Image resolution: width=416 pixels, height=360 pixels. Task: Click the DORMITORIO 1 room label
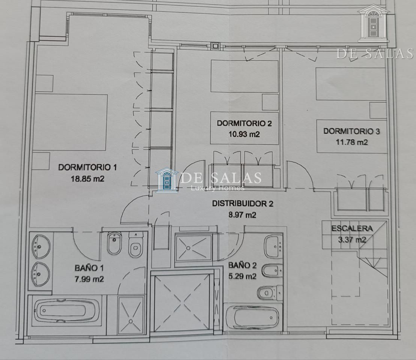(87, 167)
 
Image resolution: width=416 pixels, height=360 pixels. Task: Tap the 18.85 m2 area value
(87, 179)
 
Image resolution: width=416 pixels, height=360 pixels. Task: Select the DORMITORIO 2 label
(244, 123)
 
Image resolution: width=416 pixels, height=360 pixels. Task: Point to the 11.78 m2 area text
(352, 142)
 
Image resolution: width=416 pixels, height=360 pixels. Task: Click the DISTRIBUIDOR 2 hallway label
(243, 204)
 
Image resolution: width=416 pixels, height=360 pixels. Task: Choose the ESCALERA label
(352, 228)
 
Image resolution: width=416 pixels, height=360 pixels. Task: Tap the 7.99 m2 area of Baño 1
(89, 279)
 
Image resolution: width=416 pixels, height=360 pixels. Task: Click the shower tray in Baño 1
(131, 315)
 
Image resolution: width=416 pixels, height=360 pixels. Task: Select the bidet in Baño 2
(272, 271)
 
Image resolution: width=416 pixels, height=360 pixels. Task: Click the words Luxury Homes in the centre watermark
(217, 188)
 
